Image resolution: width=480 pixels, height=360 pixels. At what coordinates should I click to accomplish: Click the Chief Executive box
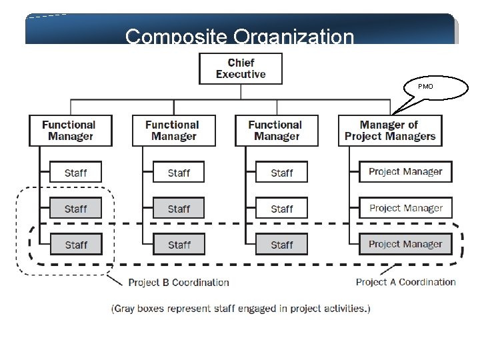(241, 69)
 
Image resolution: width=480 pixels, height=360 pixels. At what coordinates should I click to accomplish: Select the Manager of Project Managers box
(390, 131)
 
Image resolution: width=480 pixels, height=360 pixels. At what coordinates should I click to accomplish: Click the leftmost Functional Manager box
(70, 131)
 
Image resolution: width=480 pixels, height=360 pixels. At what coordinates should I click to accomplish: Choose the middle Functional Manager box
(173, 131)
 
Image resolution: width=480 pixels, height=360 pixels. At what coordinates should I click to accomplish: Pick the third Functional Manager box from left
(277, 131)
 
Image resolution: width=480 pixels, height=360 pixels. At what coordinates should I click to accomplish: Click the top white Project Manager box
(405, 172)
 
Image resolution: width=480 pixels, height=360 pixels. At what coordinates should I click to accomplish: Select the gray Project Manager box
(405, 244)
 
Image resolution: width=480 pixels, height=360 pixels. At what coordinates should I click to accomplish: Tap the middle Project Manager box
(405, 208)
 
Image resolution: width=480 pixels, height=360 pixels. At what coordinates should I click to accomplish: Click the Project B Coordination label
(178, 283)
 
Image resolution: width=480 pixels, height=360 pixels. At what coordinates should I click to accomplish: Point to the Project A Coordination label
(405, 282)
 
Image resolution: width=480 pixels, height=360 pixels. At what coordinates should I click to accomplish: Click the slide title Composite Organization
(239, 36)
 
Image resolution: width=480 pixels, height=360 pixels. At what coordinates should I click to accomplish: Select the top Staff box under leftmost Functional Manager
(75, 173)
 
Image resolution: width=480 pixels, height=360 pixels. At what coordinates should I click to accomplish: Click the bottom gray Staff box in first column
(75, 245)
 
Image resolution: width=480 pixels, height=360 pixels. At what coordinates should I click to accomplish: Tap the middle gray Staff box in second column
(179, 209)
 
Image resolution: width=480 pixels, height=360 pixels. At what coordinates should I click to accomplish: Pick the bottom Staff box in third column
(281, 245)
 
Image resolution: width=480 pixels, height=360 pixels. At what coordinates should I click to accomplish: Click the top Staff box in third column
(281, 173)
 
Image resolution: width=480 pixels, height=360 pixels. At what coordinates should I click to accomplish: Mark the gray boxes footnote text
(240, 308)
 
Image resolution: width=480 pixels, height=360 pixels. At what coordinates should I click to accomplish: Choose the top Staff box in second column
(179, 173)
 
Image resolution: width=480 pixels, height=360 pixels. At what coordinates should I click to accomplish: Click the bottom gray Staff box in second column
(179, 245)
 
